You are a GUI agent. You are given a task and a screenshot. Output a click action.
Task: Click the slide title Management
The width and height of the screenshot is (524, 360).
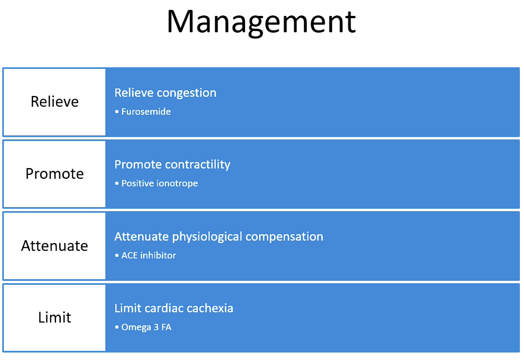262,23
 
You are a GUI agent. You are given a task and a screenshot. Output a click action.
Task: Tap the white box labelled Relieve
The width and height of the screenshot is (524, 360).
54,102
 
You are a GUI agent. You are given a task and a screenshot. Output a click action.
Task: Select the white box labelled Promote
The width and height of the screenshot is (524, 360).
54,174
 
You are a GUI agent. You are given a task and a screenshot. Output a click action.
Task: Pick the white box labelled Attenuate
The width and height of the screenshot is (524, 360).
54,246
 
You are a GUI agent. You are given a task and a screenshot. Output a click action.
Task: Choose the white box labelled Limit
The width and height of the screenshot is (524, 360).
54,317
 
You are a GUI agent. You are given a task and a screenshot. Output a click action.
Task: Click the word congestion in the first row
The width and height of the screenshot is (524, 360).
187,93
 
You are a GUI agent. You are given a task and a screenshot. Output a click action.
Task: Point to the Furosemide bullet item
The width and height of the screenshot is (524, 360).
146,111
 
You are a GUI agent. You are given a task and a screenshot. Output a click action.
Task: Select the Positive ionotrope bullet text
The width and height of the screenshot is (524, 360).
160,184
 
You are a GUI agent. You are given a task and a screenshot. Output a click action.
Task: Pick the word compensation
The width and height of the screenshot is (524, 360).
284,237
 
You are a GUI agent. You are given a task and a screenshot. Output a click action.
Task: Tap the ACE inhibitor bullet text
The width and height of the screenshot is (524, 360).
148,256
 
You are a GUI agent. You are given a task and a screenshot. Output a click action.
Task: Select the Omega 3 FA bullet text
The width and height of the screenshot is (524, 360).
146,327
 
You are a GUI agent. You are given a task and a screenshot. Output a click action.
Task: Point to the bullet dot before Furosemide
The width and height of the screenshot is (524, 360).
116,111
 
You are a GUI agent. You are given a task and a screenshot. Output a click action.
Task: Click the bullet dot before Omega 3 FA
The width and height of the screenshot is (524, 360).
116,327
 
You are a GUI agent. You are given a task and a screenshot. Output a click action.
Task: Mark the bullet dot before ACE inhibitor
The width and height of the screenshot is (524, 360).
116,256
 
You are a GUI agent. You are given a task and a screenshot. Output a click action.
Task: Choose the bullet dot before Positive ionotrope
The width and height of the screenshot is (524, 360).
116,184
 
